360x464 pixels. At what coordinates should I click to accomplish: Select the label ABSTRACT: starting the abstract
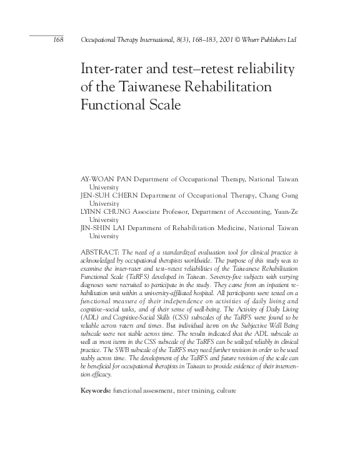click(99, 251)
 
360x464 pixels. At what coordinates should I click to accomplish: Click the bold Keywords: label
click(96, 390)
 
